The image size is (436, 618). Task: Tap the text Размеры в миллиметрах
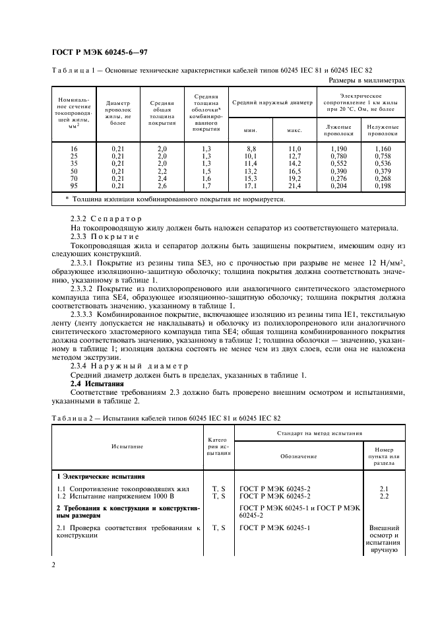(x=366, y=80)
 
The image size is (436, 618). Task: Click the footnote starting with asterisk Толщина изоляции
(x=175, y=199)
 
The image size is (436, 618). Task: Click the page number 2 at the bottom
(x=53, y=565)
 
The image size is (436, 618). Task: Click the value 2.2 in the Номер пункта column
(x=385, y=495)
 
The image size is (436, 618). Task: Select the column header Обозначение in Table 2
(x=292, y=456)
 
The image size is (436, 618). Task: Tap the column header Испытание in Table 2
(x=127, y=446)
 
